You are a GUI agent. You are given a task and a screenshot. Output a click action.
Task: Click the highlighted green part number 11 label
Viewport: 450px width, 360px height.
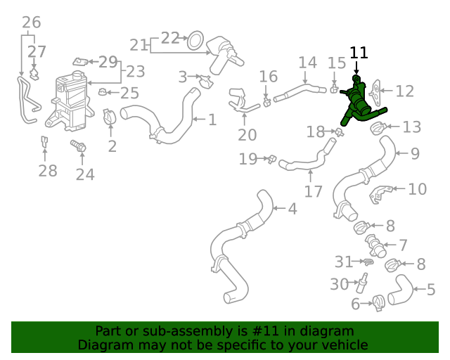coord(359,53)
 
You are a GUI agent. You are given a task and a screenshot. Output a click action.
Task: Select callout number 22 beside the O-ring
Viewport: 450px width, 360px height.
coord(170,38)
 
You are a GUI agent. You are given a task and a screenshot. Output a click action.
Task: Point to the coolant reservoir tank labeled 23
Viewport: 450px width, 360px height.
coord(70,103)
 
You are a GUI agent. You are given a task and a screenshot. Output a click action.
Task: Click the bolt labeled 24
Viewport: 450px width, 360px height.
coord(78,148)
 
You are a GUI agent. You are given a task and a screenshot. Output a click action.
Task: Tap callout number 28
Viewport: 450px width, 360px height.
coord(47,172)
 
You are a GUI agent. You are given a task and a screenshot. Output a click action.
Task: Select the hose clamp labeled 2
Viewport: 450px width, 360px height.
coord(111,117)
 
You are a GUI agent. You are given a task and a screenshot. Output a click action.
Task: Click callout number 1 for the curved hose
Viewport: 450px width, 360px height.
coord(212,120)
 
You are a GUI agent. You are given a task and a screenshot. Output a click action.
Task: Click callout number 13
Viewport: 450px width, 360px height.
coord(412,127)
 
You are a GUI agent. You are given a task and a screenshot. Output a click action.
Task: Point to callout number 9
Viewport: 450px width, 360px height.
coord(415,153)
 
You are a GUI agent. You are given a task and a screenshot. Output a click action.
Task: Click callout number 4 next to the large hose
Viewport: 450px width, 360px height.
coord(292,209)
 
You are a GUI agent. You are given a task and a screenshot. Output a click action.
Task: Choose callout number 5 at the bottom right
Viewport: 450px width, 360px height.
coord(431,289)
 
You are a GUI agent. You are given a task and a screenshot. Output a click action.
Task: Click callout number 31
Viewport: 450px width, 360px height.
coord(343,262)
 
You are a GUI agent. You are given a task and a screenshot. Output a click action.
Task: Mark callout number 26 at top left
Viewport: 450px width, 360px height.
coord(31,22)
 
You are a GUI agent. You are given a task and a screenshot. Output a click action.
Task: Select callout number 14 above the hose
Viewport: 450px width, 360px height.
coord(307,63)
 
